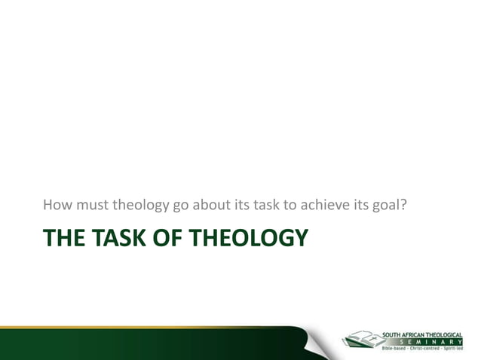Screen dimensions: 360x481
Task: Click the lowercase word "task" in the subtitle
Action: (x=264, y=204)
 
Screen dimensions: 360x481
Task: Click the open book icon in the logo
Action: (x=361, y=339)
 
